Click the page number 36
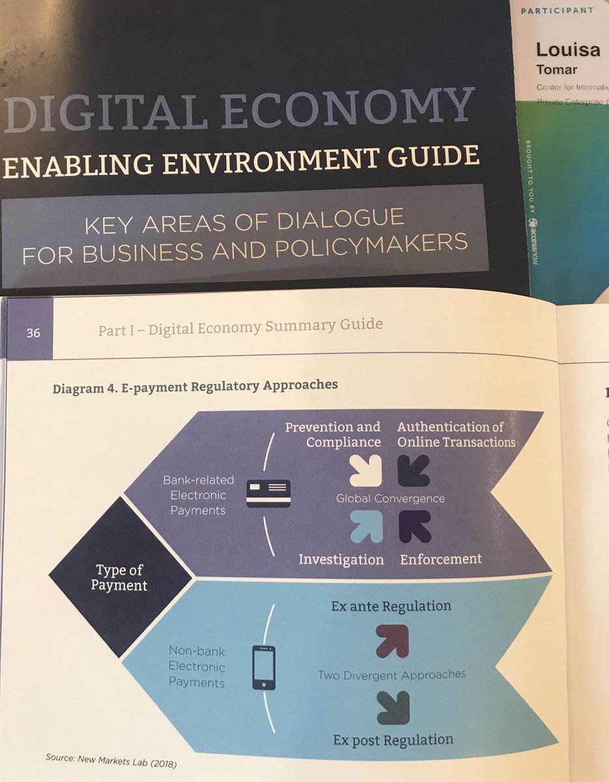point(33,333)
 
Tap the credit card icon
point(268,493)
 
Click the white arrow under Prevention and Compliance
point(365,470)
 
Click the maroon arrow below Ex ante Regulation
point(392,641)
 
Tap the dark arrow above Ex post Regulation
point(393,707)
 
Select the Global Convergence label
point(390,499)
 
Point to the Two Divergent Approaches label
point(391,674)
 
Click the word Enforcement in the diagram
point(440,559)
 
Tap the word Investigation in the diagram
point(341,560)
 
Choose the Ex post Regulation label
point(393,740)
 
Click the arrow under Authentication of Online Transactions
point(414,470)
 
